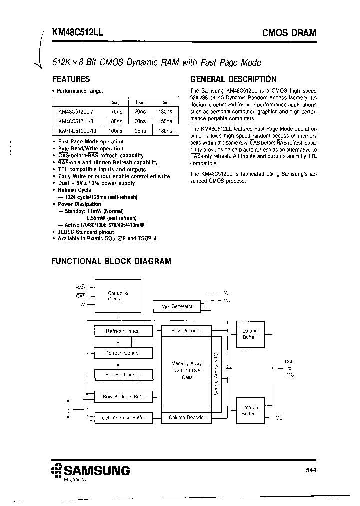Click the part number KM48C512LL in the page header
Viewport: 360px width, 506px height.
pos(78,33)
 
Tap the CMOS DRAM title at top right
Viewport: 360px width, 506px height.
pos(289,33)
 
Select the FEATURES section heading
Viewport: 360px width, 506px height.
pos(71,79)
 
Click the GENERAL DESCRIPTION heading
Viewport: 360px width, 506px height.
pos(233,79)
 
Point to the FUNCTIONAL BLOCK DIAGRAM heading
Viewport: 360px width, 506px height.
pos(111,261)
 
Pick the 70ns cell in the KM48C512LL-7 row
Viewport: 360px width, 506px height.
pos(116,112)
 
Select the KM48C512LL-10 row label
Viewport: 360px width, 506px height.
pos(74,131)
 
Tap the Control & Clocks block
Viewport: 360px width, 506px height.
pos(118,296)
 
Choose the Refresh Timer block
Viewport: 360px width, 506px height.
pos(122,331)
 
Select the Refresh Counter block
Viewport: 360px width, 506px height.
pos(122,374)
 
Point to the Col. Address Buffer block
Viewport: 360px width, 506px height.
pos(122,417)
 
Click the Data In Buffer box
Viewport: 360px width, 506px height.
pos(249,334)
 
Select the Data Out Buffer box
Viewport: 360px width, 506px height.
pos(249,410)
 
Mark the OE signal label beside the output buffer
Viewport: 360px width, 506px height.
pos(279,417)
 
